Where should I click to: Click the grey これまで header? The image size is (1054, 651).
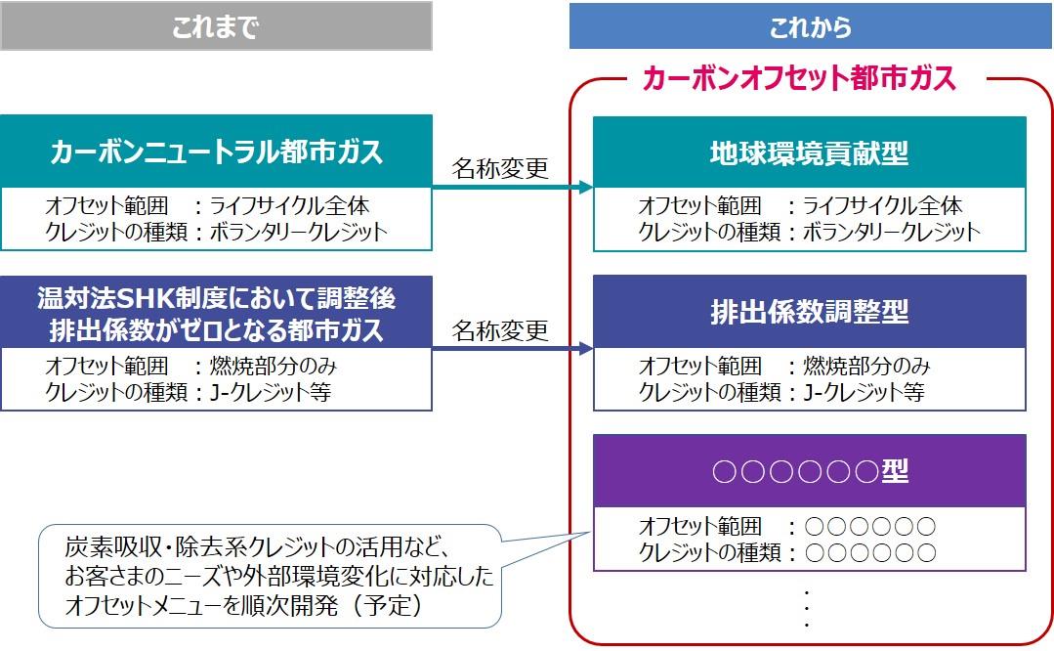pos(216,26)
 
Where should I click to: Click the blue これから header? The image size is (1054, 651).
pos(810,26)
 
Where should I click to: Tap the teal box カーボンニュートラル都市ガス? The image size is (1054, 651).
pos(216,152)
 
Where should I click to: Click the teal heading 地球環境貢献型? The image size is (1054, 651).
pos(809,152)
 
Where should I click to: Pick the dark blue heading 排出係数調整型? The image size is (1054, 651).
pos(809,312)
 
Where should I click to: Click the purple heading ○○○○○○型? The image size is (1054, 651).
pos(809,471)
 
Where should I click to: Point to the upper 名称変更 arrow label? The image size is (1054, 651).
pos(500,168)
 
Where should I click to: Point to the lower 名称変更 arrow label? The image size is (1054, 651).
pos(500,330)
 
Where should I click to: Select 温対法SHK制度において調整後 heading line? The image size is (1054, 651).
pos(216,297)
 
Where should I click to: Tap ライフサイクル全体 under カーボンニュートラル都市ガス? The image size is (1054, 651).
pos(290,206)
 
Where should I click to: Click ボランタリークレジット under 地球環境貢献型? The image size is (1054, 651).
pos(890,232)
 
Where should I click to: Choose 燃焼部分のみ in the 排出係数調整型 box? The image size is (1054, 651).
pos(866,367)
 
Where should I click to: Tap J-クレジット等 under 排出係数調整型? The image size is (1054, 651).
pos(864,392)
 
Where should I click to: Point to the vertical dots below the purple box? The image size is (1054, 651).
pos(808,608)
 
